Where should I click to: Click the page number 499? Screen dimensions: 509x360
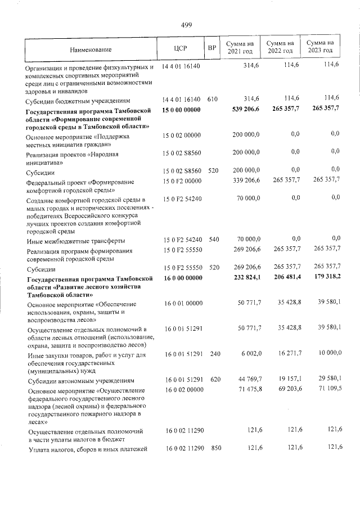click(187, 24)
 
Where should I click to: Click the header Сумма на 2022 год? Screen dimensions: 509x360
click(280, 47)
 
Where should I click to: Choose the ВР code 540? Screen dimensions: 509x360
click(213, 239)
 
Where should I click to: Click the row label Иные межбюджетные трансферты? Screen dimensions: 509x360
click(73, 241)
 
